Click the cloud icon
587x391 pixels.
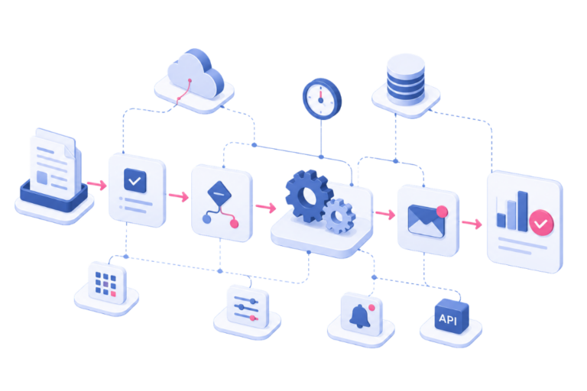click(195, 75)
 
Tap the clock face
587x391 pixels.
click(322, 99)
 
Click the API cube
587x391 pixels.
click(452, 316)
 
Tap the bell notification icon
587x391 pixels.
click(360, 316)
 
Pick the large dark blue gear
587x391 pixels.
click(309, 195)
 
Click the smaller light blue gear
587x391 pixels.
click(339, 216)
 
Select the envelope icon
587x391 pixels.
click(426, 221)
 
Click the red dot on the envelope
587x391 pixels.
click(442, 211)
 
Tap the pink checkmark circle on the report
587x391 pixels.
click(541, 223)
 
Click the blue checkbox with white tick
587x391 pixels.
click(135, 181)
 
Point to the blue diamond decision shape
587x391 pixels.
click(219, 193)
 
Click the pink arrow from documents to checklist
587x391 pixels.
click(97, 185)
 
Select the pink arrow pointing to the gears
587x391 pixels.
click(266, 207)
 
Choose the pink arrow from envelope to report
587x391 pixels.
click(472, 224)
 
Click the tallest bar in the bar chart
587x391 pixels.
click(523, 212)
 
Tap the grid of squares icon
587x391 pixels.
click(106, 283)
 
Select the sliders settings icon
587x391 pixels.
click(246, 309)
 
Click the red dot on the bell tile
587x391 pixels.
click(371, 308)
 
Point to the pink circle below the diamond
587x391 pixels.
click(235, 224)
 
